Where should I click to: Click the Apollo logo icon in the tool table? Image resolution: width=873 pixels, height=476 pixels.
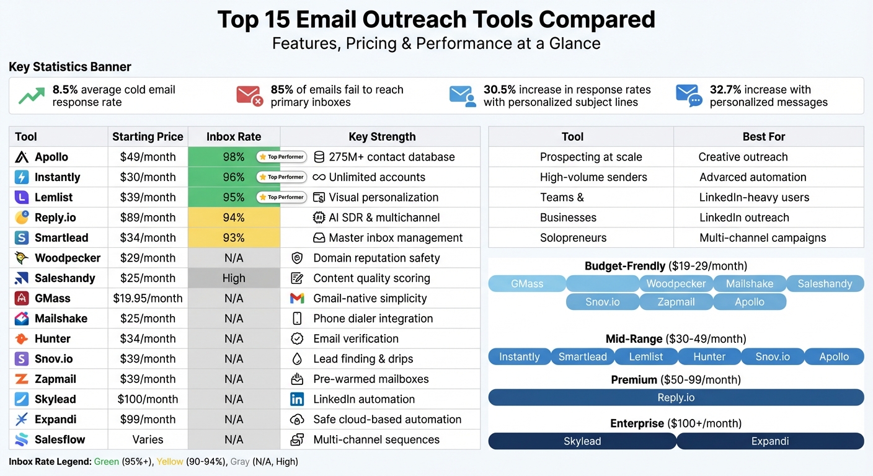pyautogui.click(x=22, y=157)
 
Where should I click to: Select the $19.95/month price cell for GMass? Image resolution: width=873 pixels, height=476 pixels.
pyautogui.click(x=148, y=298)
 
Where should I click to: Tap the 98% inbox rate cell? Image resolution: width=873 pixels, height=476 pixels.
pyautogui.click(x=234, y=157)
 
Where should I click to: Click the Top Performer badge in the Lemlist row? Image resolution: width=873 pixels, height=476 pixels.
pyautogui.click(x=281, y=197)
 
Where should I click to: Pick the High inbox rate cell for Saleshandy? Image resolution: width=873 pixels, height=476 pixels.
pyautogui.click(x=234, y=278)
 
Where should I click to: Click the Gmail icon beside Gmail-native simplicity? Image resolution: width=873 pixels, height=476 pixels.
pyautogui.click(x=297, y=298)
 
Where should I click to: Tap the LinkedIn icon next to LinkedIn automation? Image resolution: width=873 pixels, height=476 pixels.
pyautogui.click(x=297, y=399)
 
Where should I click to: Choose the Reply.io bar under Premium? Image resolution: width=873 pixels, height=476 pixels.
pyautogui.click(x=676, y=397)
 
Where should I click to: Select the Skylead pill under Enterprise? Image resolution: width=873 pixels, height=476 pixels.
pyautogui.click(x=582, y=441)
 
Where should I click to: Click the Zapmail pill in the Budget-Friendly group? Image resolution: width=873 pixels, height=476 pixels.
pyautogui.click(x=676, y=302)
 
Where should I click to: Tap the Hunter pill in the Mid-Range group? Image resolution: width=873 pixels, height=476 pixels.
pyautogui.click(x=709, y=356)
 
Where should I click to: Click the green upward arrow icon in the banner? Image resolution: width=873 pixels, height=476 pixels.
pyautogui.click(x=31, y=96)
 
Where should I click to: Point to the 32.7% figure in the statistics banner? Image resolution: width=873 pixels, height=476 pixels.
pyautogui.click(x=725, y=90)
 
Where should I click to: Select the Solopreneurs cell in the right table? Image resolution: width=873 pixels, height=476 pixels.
pyautogui.click(x=573, y=237)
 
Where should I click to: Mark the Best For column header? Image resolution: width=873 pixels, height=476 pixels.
pyautogui.click(x=763, y=136)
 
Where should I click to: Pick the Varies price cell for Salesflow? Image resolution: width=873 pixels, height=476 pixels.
pyautogui.click(x=148, y=439)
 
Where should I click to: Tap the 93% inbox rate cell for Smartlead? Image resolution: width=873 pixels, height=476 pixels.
pyautogui.click(x=234, y=237)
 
